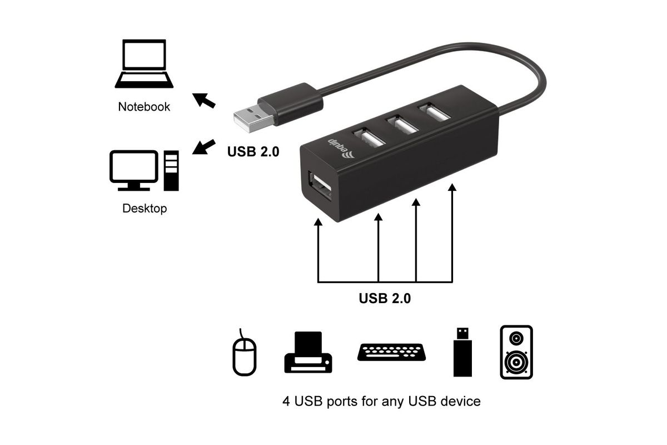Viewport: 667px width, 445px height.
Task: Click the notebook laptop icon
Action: (x=144, y=63)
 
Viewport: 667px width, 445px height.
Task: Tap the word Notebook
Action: (x=144, y=107)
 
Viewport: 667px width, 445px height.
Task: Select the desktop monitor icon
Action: (x=134, y=170)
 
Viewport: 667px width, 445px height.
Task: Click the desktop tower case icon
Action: (x=171, y=170)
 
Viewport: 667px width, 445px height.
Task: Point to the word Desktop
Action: (x=145, y=209)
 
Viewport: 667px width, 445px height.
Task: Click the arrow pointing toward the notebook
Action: (x=203, y=101)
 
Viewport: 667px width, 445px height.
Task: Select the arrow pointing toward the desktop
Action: (x=203, y=147)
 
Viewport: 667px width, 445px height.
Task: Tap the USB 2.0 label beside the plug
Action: (x=253, y=151)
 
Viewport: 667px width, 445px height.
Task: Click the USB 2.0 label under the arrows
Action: (x=385, y=298)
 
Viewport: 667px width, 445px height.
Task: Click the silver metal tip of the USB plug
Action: (x=253, y=118)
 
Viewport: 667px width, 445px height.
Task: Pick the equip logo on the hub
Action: (x=341, y=148)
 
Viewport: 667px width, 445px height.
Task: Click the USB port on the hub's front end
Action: (x=320, y=186)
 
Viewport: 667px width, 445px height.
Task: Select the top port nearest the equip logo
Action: (x=369, y=137)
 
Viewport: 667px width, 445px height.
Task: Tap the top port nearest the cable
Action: (x=434, y=112)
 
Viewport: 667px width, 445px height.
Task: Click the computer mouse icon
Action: (x=244, y=353)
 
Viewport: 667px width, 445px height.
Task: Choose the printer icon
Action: (x=308, y=352)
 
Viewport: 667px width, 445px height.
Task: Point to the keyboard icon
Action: (x=391, y=352)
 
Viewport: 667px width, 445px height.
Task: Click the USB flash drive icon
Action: (x=462, y=352)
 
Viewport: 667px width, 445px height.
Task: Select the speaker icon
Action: (x=516, y=352)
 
